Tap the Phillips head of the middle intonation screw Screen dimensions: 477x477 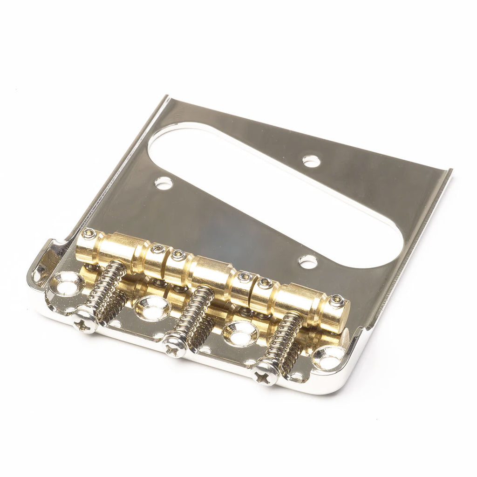click(x=175, y=347)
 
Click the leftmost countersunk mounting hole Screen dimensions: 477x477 click(x=66, y=284)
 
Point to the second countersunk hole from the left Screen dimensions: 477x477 click(x=153, y=308)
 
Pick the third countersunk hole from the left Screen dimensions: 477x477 click(x=240, y=334)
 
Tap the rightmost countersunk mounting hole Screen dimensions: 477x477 click(x=329, y=358)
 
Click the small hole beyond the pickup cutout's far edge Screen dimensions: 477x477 click(x=311, y=161)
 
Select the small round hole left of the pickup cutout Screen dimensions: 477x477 click(x=164, y=183)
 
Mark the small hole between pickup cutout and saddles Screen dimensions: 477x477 click(x=308, y=261)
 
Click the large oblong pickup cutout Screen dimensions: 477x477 click(x=275, y=196)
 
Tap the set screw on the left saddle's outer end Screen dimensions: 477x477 click(x=89, y=234)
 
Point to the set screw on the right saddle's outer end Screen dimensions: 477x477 click(x=336, y=301)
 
